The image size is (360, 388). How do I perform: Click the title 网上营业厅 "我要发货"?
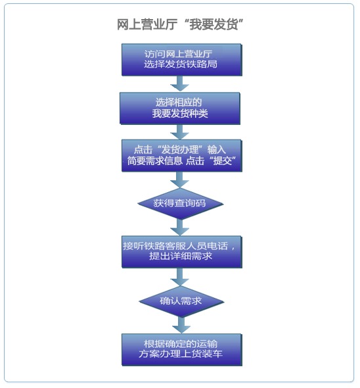pyautogui.click(x=180, y=24)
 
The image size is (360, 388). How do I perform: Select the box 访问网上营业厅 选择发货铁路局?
pyautogui.click(x=182, y=60)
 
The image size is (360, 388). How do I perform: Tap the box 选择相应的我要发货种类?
pyautogui.click(x=180, y=109)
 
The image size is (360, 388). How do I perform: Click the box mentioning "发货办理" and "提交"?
pyautogui.click(x=182, y=156)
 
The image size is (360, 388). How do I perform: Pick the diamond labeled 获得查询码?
pyautogui.click(x=181, y=204)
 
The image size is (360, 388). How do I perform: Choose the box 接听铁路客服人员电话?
pyautogui.click(x=182, y=252)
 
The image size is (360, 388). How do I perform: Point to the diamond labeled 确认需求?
pyautogui.click(x=181, y=301)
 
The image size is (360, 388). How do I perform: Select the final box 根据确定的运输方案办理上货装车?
pyautogui.click(x=182, y=350)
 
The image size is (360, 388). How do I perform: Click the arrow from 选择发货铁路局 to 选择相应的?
pyautogui.click(x=180, y=84)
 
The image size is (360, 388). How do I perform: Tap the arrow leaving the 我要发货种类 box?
pyautogui.click(x=180, y=132)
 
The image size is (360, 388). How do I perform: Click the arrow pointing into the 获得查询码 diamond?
pyautogui.click(x=180, y=180)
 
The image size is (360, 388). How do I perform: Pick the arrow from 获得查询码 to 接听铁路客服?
pyautogui.click(x=180, y=228)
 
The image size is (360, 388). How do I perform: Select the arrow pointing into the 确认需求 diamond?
pyautogui.click(x=180, y=277)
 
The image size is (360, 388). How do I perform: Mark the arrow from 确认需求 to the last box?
pyautogui.click(x=181, y=326)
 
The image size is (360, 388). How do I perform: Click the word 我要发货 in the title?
pyautogui.click(x=214, y=24)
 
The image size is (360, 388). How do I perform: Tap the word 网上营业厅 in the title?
pyautogui.click(x=147, y=24)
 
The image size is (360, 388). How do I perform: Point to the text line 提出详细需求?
pyautogui.click(x=181, y=256)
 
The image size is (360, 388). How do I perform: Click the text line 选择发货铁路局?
pyautogui.click(x=181, y=64)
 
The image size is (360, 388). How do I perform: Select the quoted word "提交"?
pyautogui.click(x=222, y=161)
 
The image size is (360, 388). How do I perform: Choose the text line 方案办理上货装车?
pyautogui.click(x=181, y=354)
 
